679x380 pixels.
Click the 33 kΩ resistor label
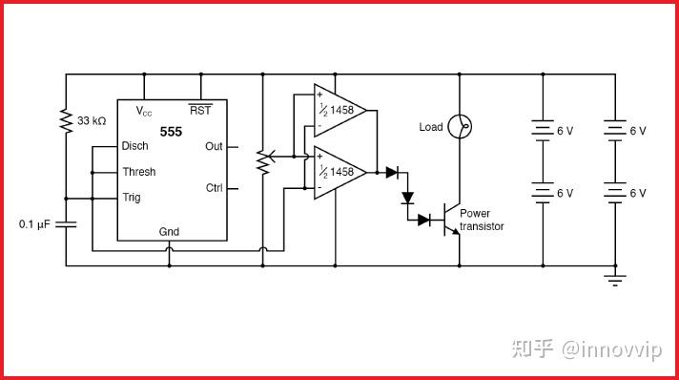[92, 121]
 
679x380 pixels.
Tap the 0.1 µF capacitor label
[35, 224]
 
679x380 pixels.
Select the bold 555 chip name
[171, 131]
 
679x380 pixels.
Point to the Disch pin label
[134, 147]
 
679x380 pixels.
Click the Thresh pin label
[138, 172]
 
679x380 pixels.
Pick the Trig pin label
[132, 198]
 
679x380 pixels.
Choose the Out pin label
[214, 146]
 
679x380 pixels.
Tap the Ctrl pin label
[214, 188]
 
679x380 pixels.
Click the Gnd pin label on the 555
[168, 232]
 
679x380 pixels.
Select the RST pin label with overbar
[200, 110]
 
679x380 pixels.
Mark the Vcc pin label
[143, 111]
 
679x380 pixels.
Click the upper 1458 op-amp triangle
[339, 110]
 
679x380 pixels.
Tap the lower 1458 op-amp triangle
[339, 172]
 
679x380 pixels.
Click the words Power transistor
[481, 220]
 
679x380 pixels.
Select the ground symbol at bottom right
[615, 279]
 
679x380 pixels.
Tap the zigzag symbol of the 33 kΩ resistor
[66, 121]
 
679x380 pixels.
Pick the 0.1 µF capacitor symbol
[66, 224]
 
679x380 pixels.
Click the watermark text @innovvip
[612, 349]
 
